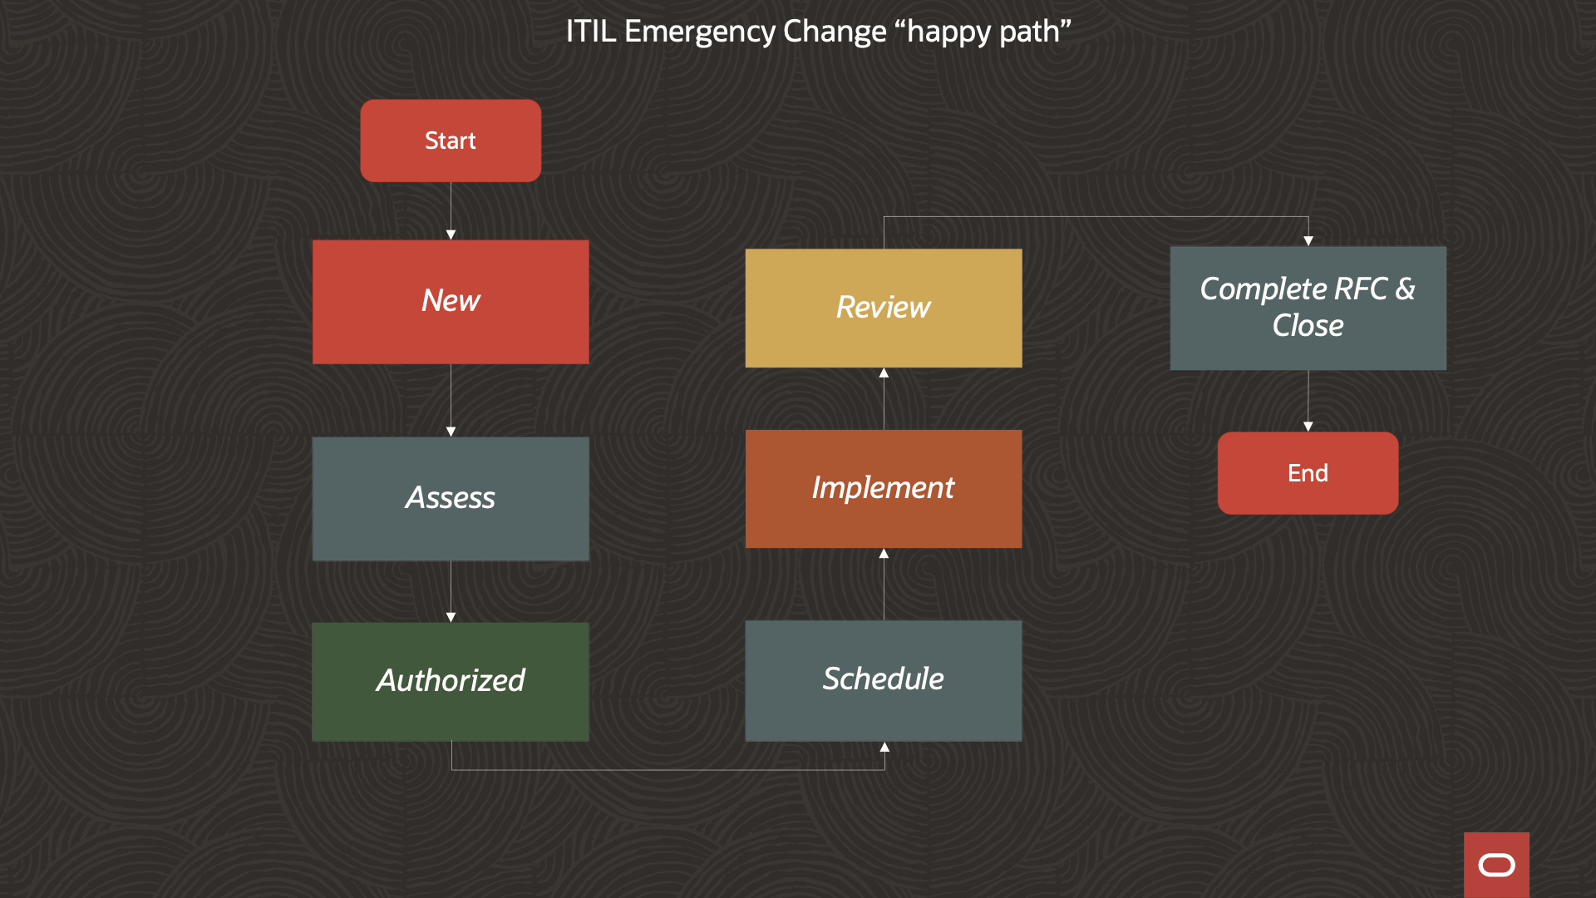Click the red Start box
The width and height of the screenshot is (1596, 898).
pyautogui.click(x=451, y=141)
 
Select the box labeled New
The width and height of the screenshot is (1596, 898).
pyautogui.click(x=451, y=301)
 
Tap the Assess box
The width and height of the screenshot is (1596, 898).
pyautogui.click(x=451, y=498)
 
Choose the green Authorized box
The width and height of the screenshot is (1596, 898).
pyautogui.click(x=451, y=681)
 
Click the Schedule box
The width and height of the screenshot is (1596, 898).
pyautogui.click(x=884, y=679)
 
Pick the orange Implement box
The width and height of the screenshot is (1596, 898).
pyautogui.click(x=884, y=488)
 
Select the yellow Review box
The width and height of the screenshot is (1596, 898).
pyautogui.click(x=884, y=308)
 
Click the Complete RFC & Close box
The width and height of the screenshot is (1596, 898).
pyautogui.click(x=1308, y=308)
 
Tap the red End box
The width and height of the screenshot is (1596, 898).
pyautogui.click(x=1308, y=473)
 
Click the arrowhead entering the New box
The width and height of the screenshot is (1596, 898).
pyautogui.click(x=451, y=235)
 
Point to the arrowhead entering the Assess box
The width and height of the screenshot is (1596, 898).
pyautogui.click(x=451, y=432)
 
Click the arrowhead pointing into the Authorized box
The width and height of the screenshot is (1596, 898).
pyautogui.click(x=451, y=617)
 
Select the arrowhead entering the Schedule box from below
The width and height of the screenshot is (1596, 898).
pyautogui.click(x=884, y=748)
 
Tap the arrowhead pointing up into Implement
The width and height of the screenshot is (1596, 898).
pyautogui.click(x=884, y=554)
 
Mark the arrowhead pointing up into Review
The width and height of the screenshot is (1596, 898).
pyautogui.click(x=884, y=373)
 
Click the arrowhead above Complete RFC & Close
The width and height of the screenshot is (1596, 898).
pyautogui.click(x=1308, y=241)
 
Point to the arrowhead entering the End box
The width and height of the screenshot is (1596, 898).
pyautogui.click(x=1308, y=427)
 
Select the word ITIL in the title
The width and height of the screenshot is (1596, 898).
pyautogui.click(x=590, y=32)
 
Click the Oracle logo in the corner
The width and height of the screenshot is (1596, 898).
pyautogui.click(x=1496, y=865)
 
